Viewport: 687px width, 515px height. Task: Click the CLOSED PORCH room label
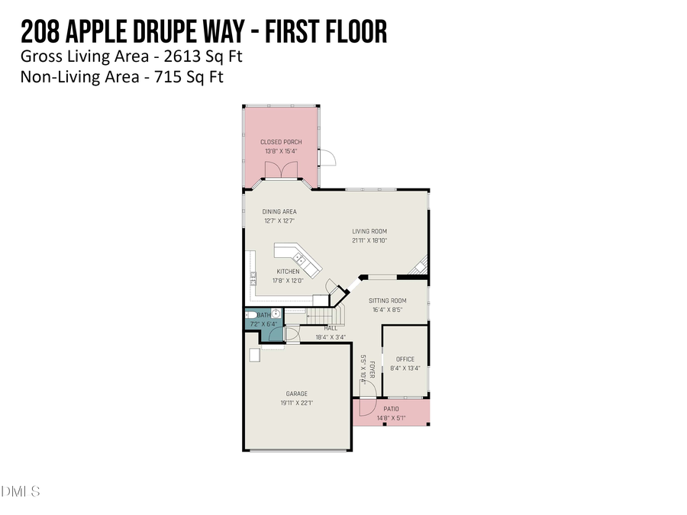pos(281,142)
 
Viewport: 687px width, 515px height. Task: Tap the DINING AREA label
pos(279,211)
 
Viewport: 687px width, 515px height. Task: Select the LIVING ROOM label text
pos(369,231)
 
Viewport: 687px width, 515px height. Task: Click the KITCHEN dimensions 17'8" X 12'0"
pos(288,280)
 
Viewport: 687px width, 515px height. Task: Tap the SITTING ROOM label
pos(388,301)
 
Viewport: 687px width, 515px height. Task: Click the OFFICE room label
pos(405,359)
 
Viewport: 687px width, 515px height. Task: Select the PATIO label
pos(391,409)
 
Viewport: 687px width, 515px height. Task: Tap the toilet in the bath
pos(252,314)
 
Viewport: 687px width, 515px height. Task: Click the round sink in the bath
pos(276,314)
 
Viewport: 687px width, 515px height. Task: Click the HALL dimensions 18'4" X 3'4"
pos(331,336)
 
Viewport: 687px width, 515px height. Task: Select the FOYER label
pos(373,371)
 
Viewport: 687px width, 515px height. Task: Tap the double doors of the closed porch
pos(282,171)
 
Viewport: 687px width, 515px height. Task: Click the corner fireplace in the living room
pos(419,266)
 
